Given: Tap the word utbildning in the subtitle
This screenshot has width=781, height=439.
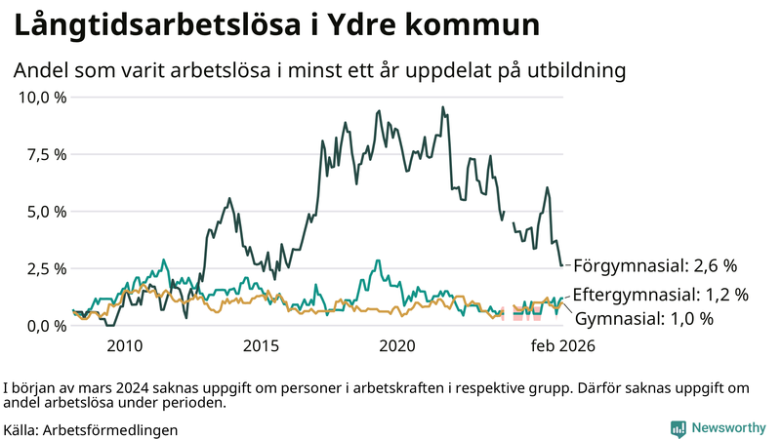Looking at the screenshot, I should pos(573,71).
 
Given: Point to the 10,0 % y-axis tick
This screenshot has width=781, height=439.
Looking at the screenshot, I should pos(42,98).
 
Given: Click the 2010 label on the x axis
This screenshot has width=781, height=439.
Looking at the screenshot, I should pos(125,345).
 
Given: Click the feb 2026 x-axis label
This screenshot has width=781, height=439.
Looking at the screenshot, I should pos(561,345).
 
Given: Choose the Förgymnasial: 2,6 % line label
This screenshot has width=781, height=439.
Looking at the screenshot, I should pos(654,265).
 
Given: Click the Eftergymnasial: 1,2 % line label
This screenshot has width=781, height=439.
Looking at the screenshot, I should pos(660,294).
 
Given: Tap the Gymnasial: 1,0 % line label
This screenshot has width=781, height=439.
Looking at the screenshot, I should pos(644,318).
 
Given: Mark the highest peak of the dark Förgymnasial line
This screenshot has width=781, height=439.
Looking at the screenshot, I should pos(442,107).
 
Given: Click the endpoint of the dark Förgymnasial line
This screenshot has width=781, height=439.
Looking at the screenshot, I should pos(561,265).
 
